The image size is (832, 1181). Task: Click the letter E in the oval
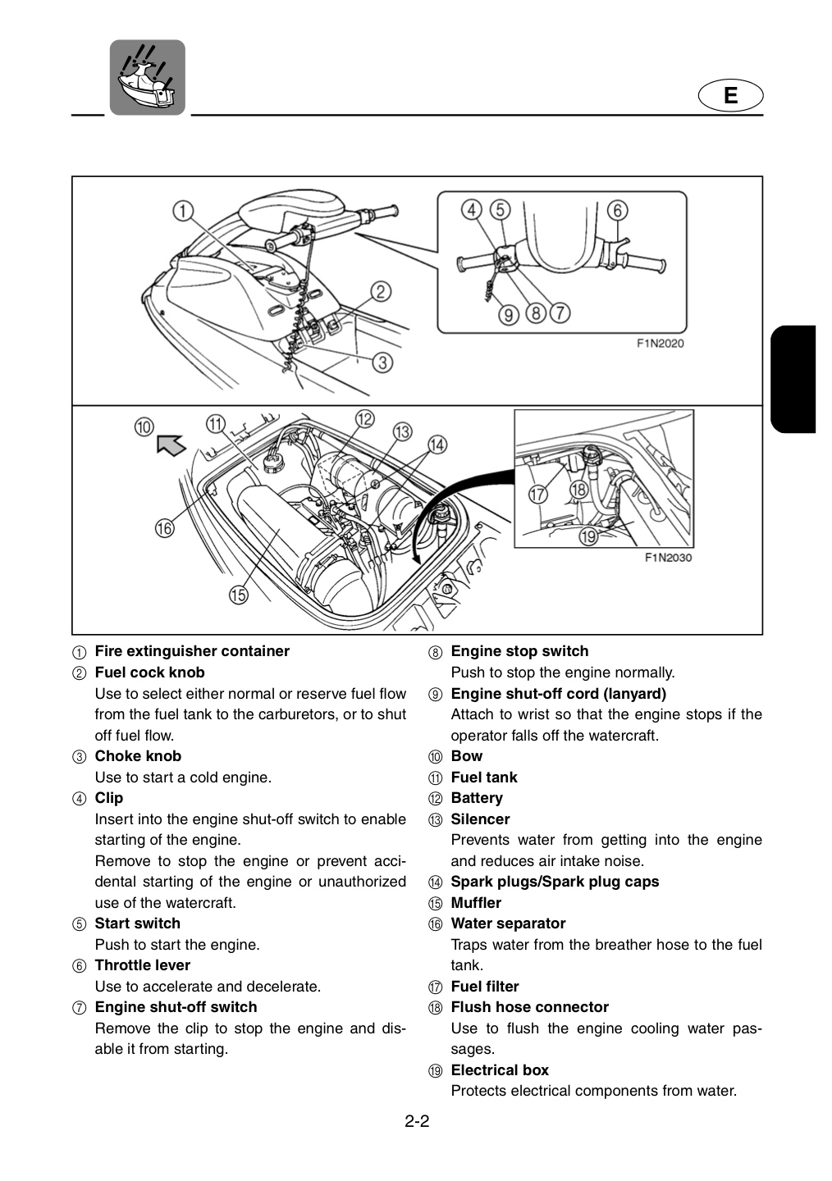[x=730, y=95]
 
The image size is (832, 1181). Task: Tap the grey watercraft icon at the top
[x=147, y=77]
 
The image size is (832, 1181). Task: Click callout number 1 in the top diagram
[x=182, y=211]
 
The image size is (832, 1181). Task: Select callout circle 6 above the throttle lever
[x=617, y=210]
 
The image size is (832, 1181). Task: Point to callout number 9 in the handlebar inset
[x=509, y=315]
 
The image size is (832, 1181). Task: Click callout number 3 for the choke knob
[x=382, y=363]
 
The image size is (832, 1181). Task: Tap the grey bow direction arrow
[x=171, y=445]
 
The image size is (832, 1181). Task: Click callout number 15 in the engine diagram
[x=239, y=595]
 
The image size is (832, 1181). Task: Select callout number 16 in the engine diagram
[x=165, y=528]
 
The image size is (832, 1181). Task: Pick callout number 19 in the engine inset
[x=588, y=536]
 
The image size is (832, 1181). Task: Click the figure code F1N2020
[x=660, y=344]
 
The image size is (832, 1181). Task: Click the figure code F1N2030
[x=668, y=558]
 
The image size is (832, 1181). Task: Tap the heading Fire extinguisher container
[x=192, y=651]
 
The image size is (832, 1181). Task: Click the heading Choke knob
[x=138, y=756]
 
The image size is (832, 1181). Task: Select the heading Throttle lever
[x=143, y=965]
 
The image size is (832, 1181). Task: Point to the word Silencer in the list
[x=480, y=818]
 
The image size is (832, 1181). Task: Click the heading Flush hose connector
[x=530, y=1007]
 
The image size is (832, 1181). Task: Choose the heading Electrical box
[x=500, y=1069]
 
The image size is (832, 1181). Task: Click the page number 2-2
[x=417, y=1121]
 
